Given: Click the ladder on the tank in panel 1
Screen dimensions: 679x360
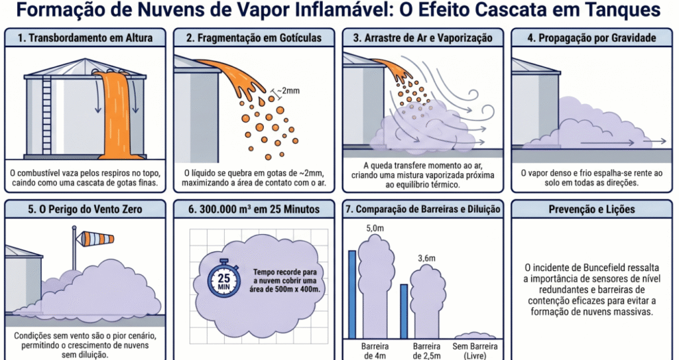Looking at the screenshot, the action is [x=46, y=115].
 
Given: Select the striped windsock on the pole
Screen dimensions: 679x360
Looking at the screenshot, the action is [x=97, y=237].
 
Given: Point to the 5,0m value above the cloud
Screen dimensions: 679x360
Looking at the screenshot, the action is [x=375, y=228].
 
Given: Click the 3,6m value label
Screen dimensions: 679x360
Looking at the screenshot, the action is [x=426, y=259].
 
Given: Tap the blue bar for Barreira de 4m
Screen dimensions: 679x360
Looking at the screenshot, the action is [x=352, y=294].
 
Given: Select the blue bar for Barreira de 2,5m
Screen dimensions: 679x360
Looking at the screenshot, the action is [x=404, y=311].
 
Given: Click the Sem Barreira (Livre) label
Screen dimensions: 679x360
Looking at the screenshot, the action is [x=475, y=351].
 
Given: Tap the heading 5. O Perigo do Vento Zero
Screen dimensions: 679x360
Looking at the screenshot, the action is [x=85, y=210].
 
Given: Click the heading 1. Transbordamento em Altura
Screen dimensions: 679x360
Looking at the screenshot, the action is [x=85, y=38].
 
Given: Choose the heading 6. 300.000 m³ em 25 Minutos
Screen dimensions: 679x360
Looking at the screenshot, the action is [x=254, y=210].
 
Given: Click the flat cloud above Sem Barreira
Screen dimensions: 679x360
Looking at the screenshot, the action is [x=475, y=335].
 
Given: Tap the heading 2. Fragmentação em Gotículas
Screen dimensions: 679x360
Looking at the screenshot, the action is [x=254, y=38].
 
